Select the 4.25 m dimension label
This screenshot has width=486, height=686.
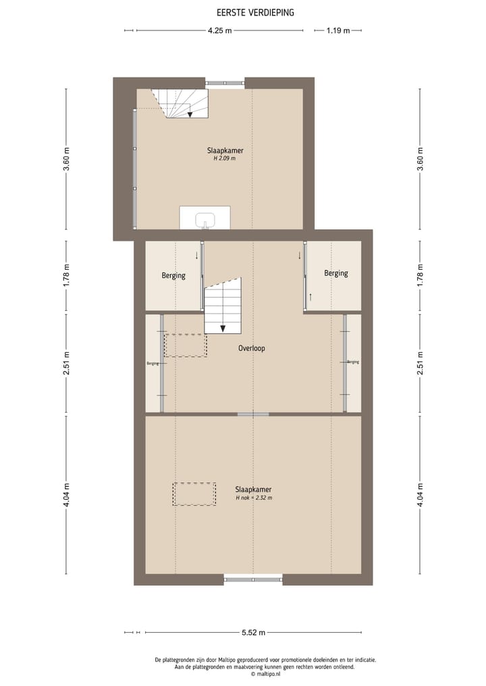pyautogui.click(x=219, y=30)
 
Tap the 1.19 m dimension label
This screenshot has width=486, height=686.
pyautogui.click(x=337, y=30)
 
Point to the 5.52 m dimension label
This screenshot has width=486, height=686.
pyautogui.click(x=253, y=632)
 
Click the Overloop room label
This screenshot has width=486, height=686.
pyautogui.click(x=251, y=349)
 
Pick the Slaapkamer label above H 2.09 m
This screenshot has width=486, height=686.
pyautogui.click(x=224, y=150)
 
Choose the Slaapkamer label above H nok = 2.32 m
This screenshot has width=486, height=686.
pyautogui.click(x=253, y=489)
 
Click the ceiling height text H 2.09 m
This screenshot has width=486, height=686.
pyautogui.click(x=224, y=159)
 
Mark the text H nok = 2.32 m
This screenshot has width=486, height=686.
pyautogui.click(x=254, y=498)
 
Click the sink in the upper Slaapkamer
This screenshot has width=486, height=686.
pyautogui.click(x=205, y=220)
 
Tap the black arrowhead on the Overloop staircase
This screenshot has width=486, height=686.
pyautogui.click(x=223, y=328)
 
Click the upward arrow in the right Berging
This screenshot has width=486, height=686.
pyautogui.click(x=310, y=296)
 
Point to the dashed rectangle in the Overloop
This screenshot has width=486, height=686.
pyautogui.click(x=186, y=345)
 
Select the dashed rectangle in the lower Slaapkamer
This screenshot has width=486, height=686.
pyautogui.click(x=194, y=494)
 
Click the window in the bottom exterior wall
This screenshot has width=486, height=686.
pyautogui.click(x=253, y=578)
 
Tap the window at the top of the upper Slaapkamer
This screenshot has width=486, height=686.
pyautogui.click(x=225, y=83)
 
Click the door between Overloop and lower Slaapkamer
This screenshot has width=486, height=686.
pyautogui.click(x=253, y=413)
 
